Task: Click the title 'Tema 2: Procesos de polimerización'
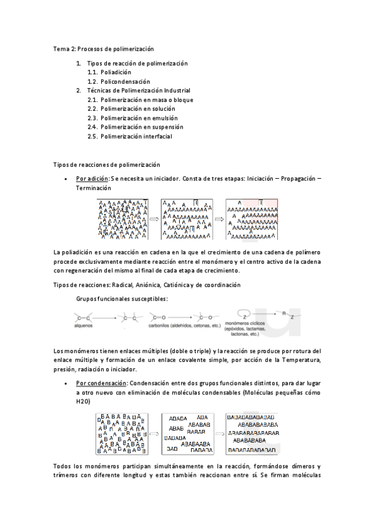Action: click(x=104, y=49)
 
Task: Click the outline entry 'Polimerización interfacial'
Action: click(x=136, y=136)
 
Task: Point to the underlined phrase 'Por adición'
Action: click(x=92, y=179)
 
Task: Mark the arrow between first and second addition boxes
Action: click(x=154, y=219)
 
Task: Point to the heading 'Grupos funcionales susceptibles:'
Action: click(x=122, y=299)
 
